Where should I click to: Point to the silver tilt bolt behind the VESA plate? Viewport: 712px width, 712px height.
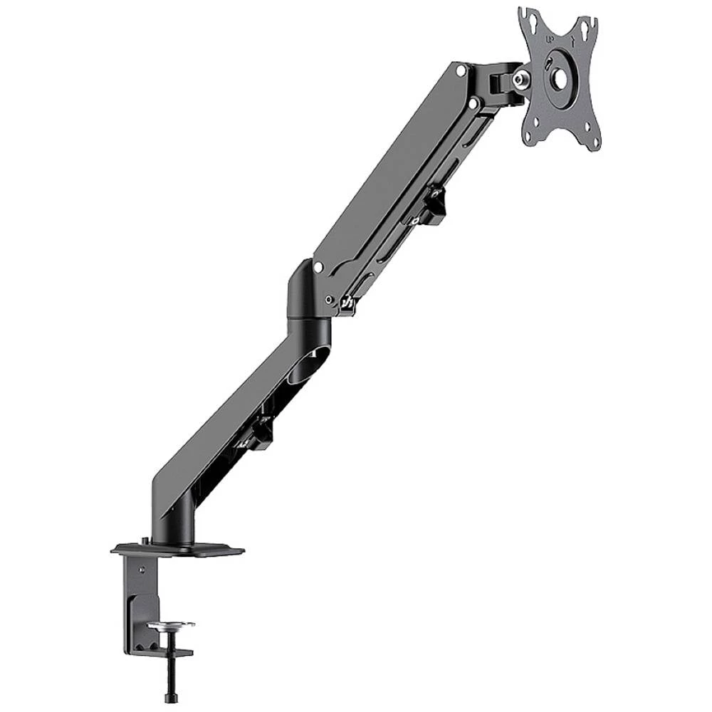pos(525,77)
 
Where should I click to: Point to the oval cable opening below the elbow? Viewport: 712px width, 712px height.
pos(320,355)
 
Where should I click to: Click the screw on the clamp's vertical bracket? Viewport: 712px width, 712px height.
pos(142,569)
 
